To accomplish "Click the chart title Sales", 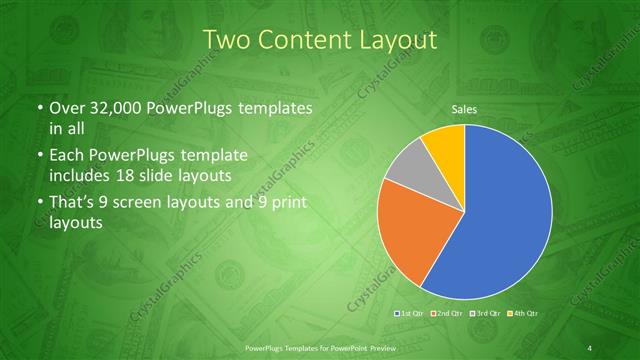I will pos(463,108).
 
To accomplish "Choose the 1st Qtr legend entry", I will pos(411,314).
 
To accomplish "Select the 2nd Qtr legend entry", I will pos(446,314).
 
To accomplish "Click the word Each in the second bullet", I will pos(67,157).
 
